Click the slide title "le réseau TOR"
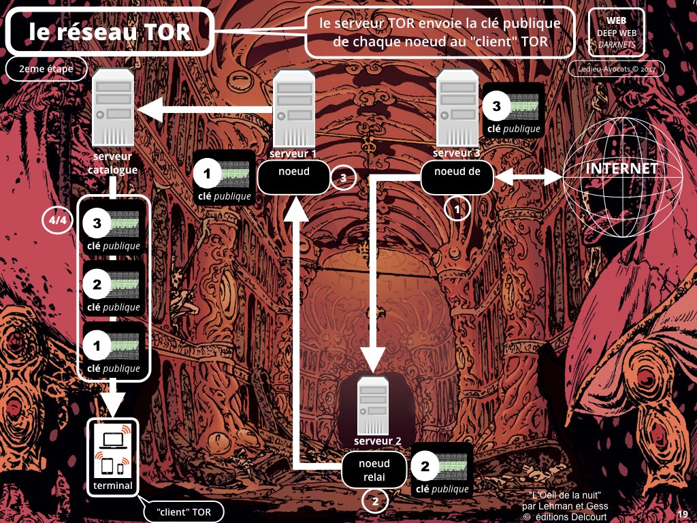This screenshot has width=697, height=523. tap(109, 31)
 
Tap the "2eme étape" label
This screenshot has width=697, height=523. tap(46, 69)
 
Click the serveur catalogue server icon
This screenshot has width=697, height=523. tap(114, 108)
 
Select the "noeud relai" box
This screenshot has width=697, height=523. tap(374, 470)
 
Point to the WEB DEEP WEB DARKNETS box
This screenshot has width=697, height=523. tap(616, 32)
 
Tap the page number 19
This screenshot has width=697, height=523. tap(682, 513)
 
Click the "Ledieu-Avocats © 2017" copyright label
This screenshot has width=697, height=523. tap(616, 69)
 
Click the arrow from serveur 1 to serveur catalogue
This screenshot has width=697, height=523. tap(204, 108)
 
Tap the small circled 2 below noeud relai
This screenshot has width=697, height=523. tap(374, 502)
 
